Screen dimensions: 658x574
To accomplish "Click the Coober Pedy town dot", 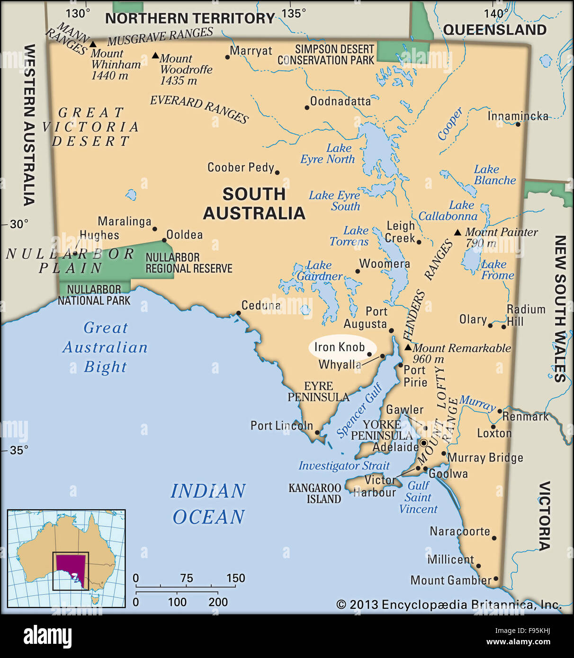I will [x=277, y=173].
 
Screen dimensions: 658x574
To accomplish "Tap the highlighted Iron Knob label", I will [x=339, y=347].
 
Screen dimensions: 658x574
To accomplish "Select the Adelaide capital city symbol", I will [x=424, y=444].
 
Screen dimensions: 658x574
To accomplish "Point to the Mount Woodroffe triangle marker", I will [x=155, y=55].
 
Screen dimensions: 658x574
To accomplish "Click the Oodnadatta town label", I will [x=340, y=101].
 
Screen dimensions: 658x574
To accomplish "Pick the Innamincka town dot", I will [x=518, y=124].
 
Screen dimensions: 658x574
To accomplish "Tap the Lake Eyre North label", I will [x=328, y=154].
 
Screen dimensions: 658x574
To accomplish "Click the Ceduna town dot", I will [x=238, y=313].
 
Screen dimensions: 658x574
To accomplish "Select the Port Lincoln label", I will [x=281, y=426].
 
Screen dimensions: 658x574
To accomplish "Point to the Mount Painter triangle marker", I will [x=457, y=232].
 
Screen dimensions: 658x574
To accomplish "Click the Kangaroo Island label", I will [x=315, y=493].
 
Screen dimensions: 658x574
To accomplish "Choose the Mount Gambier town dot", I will [x=496, y=578].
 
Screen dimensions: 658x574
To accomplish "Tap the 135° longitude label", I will [x=294, y=13].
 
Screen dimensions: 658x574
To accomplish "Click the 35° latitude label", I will [x=19, y=450].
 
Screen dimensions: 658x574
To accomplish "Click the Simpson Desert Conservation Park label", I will [x=326, y=55].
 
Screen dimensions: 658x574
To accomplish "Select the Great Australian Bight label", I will [x=105, y=347].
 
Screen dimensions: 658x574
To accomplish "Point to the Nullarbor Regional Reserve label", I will [x=188, y=263].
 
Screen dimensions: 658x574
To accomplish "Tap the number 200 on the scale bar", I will [x=218, y=602].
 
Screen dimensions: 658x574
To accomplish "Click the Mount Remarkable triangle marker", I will [x=408, y=347].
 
